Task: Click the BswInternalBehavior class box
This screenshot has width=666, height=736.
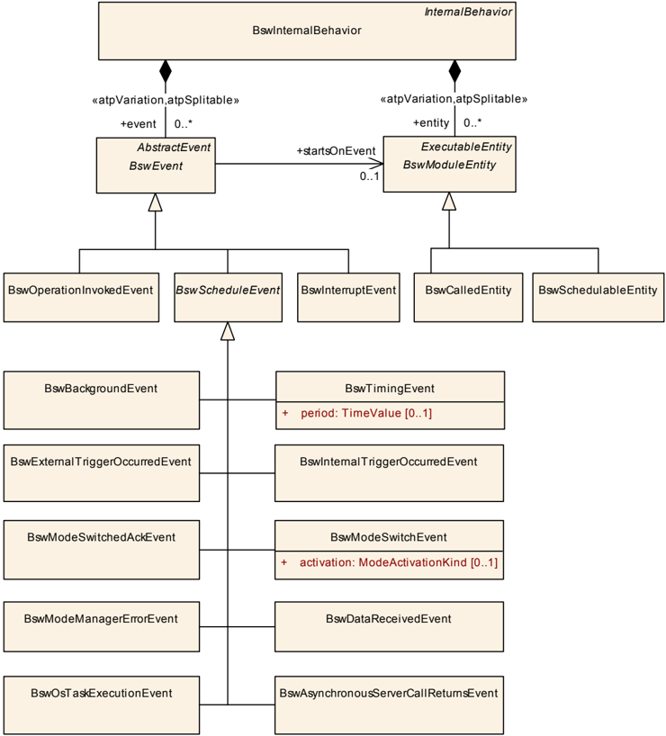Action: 307,31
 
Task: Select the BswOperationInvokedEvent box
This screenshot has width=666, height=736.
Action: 81,297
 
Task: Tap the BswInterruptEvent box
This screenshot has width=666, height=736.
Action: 348,297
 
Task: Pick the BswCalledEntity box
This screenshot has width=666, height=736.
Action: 468,297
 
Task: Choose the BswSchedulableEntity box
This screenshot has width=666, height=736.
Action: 598,297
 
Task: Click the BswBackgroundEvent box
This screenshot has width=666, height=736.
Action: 102,399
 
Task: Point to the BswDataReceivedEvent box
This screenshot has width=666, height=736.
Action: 389,626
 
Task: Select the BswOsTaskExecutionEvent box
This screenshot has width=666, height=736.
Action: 102,705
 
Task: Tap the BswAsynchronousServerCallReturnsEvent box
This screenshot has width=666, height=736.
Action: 389,705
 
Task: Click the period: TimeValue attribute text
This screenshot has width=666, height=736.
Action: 366,413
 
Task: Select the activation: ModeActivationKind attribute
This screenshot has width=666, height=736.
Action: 399,562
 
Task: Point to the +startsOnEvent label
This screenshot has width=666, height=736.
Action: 336,150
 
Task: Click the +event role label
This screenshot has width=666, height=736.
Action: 138,124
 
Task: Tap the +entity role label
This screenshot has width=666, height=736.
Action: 431,123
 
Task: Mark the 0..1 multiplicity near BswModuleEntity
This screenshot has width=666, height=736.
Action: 370,176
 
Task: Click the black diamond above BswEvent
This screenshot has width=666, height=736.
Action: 166,71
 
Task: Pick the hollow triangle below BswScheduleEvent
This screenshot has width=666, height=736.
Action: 228,331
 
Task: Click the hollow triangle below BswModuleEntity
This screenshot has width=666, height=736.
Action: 449,201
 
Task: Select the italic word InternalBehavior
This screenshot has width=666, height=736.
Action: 468,12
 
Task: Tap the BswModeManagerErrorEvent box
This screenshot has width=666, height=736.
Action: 102,626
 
